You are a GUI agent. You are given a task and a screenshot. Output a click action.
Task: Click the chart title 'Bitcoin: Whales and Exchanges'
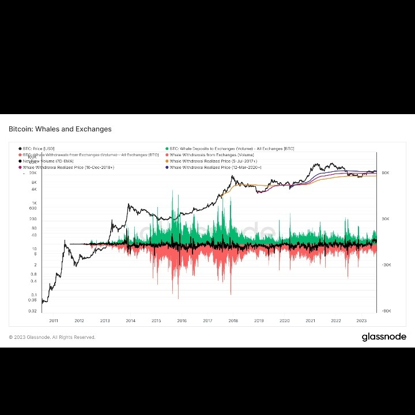pyautogui.click(x=60, y=129)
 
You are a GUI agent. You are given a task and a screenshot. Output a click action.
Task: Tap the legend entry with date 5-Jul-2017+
pyautogui.click(x=213, y=161)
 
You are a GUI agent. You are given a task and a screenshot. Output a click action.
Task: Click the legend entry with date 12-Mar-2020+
pyautogui.click(x=215, y=168)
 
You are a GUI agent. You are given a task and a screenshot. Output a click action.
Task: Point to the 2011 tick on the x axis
pyautogui.click(x=54, y=321)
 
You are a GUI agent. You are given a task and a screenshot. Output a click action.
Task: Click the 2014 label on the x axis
pyautogui.click(x=130, y=321)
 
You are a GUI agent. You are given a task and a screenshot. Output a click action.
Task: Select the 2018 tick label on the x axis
pyautogui.click(x=233, y=321)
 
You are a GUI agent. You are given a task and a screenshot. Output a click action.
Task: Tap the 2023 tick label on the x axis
pyautogui.click(x=361, y=321)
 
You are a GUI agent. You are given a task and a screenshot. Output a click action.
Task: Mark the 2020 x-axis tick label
pyautogui.click(x=284, y=321)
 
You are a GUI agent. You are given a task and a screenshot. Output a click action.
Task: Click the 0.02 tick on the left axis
pyautogui.click(x=33, y=311)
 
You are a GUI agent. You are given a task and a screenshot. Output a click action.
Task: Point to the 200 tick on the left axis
pyautogui.click(x=33, y=219)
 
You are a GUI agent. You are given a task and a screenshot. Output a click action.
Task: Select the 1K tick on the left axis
pyautogui.click(x=34, y=203)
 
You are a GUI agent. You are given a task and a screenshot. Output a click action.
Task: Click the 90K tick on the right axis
pyautogui.click(x=385, y=173)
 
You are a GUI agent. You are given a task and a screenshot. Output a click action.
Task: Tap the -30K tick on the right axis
pyautogui.click(x=385, y=265)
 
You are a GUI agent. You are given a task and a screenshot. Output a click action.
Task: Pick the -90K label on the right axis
pyautogui.click(x=385, y=311)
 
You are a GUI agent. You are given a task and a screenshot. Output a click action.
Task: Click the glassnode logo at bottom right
pyautogui.click(x=384, y=337)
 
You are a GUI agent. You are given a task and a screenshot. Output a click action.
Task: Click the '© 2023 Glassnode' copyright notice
pyautogui.click(x=52, y=337)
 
